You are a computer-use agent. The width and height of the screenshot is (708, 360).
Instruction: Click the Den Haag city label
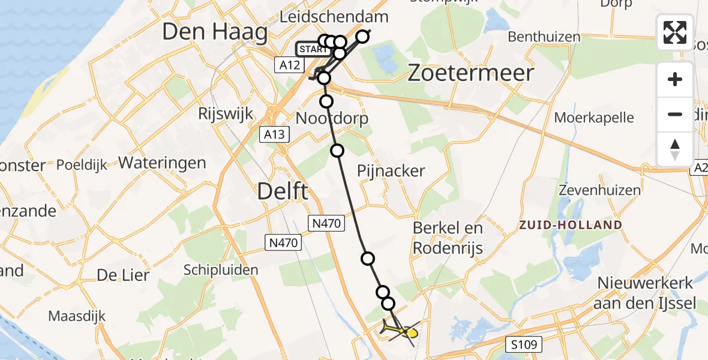[215, 32]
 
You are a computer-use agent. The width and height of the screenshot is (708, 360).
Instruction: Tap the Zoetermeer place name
[470, 73]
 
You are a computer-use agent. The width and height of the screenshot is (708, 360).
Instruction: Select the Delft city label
[283, 192]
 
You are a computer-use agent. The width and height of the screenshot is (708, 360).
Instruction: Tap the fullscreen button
[675, 32]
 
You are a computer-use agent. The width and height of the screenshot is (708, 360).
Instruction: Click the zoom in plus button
[675, 79]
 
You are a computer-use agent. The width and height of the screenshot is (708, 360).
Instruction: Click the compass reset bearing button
[675, 149]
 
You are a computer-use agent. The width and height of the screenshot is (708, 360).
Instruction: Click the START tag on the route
[312, 49]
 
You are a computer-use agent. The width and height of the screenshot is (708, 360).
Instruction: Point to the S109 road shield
[524, 344]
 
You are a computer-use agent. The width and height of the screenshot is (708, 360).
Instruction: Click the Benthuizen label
[544, 37]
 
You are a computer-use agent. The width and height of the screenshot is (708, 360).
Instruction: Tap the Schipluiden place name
[221, 269]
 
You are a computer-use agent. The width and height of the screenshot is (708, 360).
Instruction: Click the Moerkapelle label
[594, 118]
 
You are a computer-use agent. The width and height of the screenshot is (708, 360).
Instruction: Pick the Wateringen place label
[162, 163]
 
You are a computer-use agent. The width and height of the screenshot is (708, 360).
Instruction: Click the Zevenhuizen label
[599, 190]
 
